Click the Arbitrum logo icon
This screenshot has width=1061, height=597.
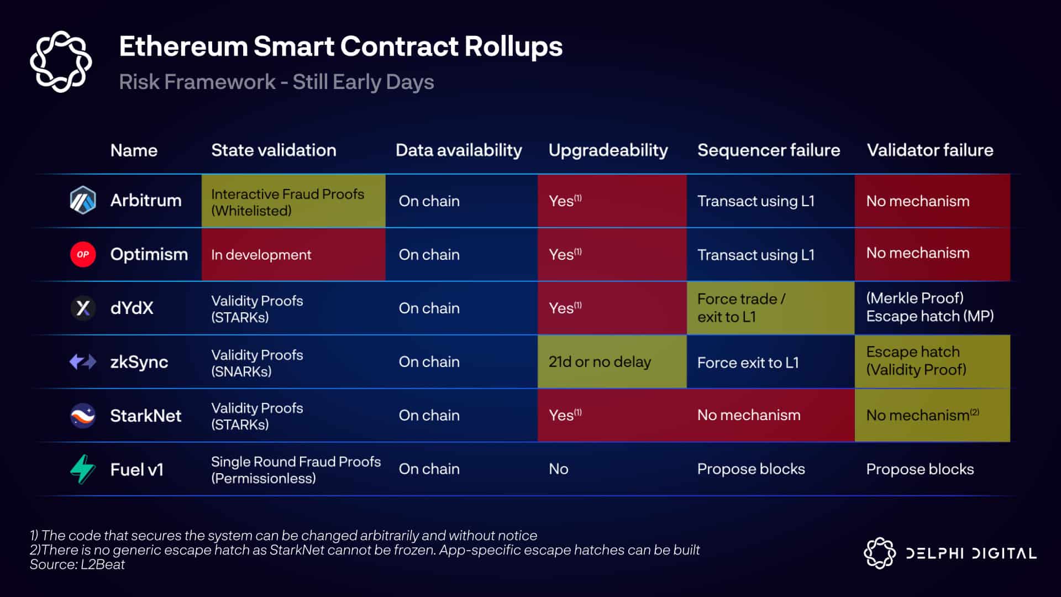pos(83,200)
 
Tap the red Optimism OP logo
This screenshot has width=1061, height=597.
pos(83,254)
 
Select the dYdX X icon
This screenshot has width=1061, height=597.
pos(83,308)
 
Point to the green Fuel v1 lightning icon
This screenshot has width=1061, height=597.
pos(83,469)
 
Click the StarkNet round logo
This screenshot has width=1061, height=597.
pos(83,416)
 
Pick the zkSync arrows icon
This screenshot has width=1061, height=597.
pos(83,362)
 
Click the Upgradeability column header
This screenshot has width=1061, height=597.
pos(608,150)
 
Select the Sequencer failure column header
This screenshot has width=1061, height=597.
pos(769,150)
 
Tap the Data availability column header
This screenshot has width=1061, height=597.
pos(459,150)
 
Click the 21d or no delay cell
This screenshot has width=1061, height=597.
pos(612,362)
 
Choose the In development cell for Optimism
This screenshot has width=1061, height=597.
pos(293,254)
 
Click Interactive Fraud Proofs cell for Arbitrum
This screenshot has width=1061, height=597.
pos(293,201)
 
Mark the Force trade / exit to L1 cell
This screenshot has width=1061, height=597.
pos(770,308)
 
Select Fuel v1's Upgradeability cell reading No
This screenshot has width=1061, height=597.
pos(559,469)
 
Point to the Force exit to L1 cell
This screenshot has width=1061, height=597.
pos(748,363)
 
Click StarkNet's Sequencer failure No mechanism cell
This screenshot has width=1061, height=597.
pos(749,415)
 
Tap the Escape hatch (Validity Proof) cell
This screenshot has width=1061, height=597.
pos(932,362)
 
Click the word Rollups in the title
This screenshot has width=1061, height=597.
pos(513,47)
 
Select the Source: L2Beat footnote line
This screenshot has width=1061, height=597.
pos(77,564)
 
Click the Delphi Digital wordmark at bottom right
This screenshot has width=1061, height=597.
pos(971,553)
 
